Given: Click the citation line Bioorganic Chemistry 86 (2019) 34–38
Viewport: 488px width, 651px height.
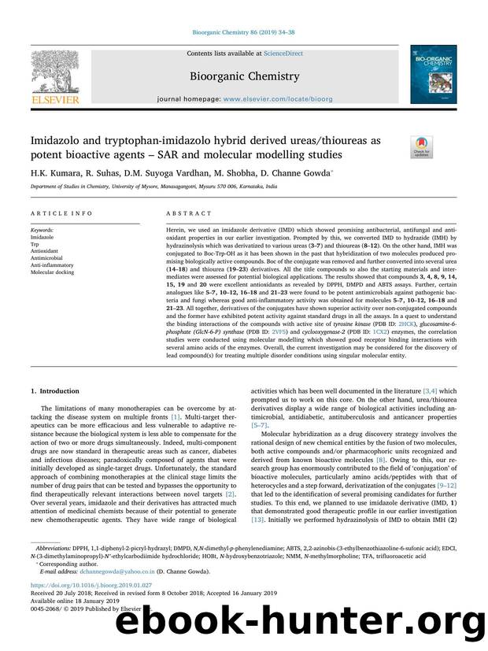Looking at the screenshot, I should pyautogui.click(x=243, y=32).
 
